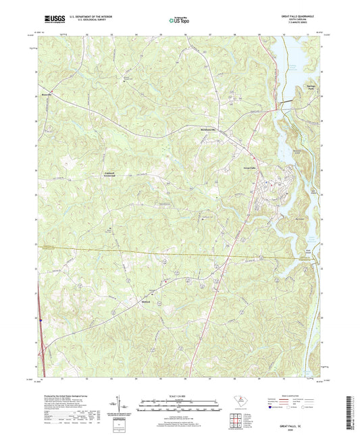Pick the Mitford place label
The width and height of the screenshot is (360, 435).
coord(147,300)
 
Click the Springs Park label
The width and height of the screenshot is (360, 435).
coord(311,88)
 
